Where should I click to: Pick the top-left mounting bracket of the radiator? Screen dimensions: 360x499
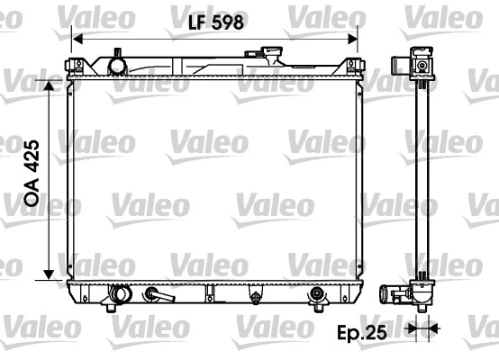[77, 66]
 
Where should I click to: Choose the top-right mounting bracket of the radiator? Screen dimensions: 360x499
[354, 66]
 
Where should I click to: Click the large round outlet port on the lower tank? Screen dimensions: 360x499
[119, 292]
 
